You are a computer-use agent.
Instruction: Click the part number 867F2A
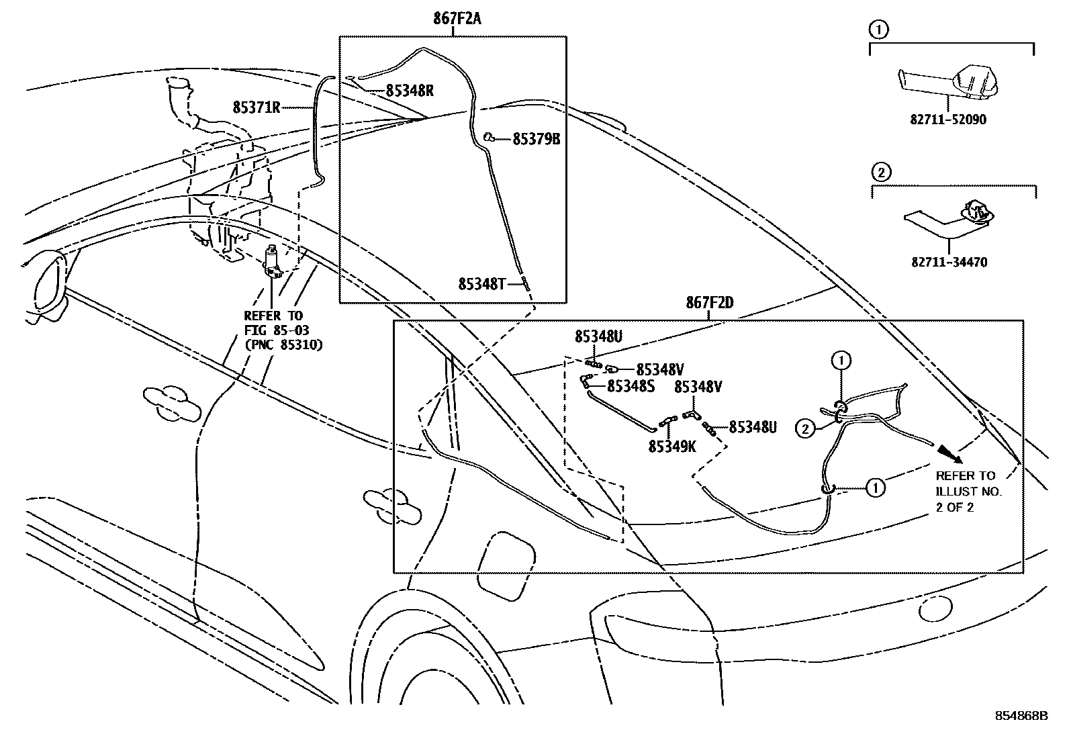pos(457,19)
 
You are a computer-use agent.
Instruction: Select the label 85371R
pos(256,107)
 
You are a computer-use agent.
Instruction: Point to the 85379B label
pos(536,140)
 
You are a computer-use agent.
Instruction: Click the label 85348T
pos(481,284)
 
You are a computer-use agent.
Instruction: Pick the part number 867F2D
pos(709,304)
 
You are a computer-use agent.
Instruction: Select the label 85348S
pos(631,386)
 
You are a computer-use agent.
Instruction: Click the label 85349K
pos(672,445)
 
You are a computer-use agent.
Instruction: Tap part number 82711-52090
pos(948,120)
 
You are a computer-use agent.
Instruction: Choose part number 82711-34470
pos(948,263)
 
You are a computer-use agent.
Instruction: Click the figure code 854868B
pos(1021,716)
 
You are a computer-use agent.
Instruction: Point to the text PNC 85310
pos(283,345)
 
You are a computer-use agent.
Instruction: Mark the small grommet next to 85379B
pos(489,138)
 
